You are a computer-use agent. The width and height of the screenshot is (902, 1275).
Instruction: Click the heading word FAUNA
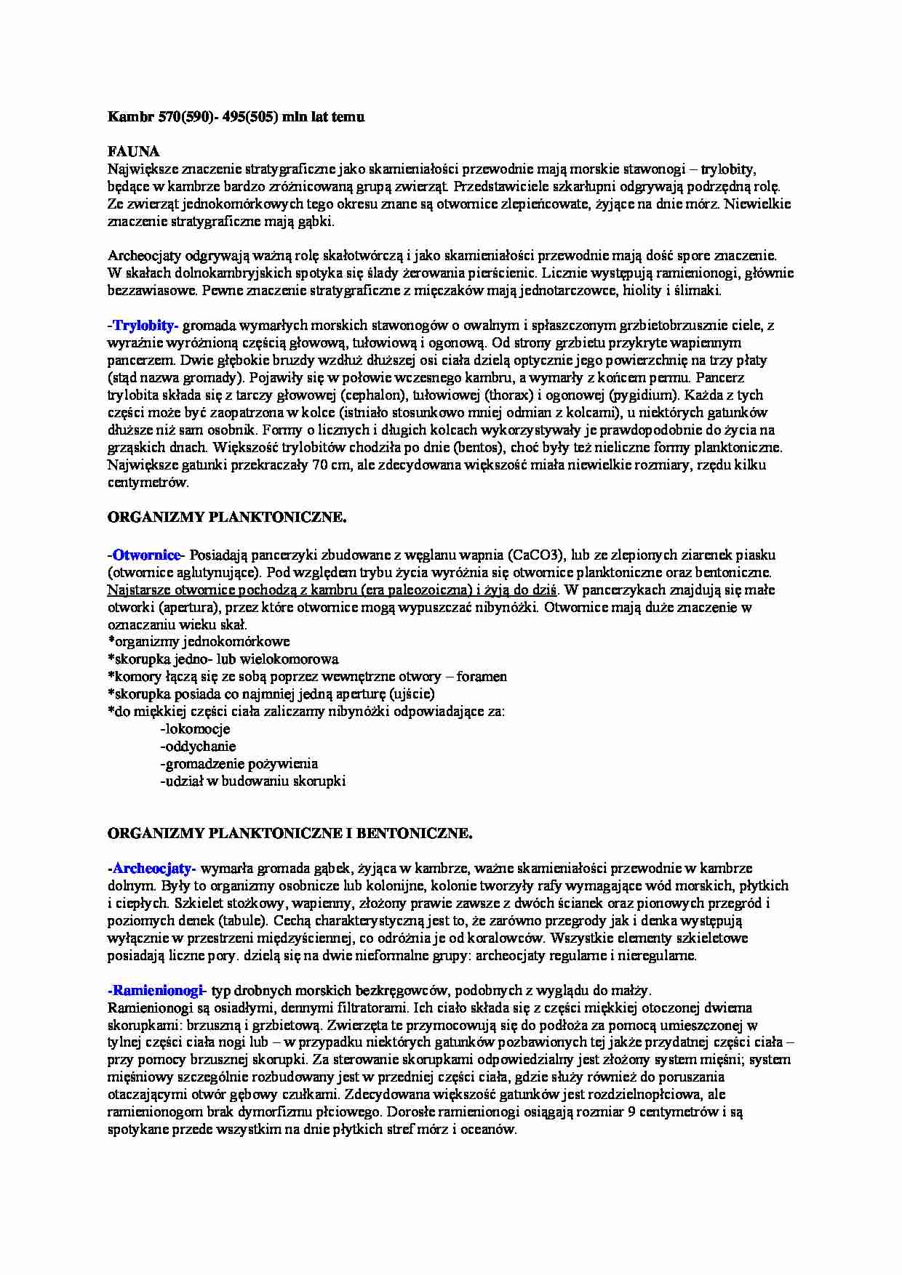pyautogui.click(x=133, y=152)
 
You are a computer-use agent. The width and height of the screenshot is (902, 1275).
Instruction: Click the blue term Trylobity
pyautogui.click(x=145, y=325)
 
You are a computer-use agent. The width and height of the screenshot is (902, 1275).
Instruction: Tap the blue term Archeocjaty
pyautogui.click(x=153, y=868)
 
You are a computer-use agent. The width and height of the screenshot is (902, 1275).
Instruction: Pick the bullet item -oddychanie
pyautogui.click(x=198, y=747)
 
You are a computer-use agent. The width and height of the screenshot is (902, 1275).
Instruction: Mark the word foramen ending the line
pyautogui.click(x=482, y=677)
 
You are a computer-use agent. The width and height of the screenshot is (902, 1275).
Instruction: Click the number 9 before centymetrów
pyautogui.click(x=631, y=1112)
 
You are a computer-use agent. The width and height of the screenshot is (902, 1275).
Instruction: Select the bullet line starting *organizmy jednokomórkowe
pyautogui.click(x=199, y=642)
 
